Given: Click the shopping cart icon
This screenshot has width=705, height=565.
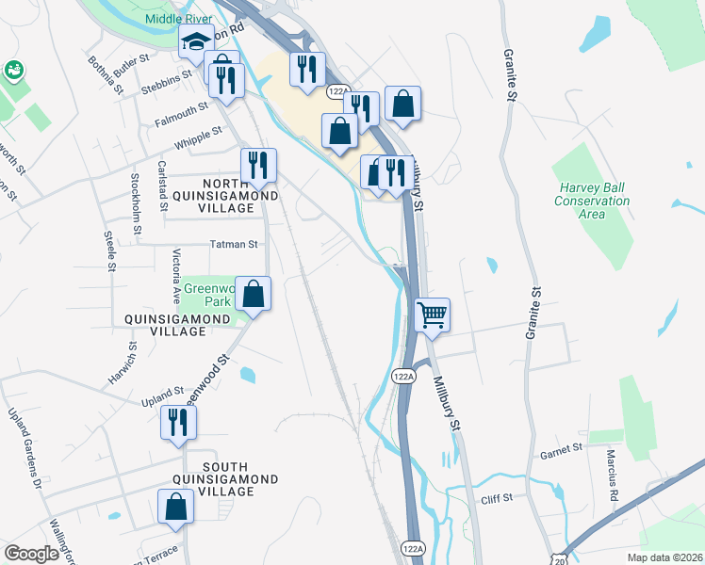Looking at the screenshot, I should coord(432,315).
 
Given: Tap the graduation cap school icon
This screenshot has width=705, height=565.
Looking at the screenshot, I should coord(197,43).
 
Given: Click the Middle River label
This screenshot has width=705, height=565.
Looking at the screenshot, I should coord(177,19).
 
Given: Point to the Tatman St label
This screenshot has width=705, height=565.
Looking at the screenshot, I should coord(233,245).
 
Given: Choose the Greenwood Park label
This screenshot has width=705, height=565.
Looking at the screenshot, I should coord(205,296).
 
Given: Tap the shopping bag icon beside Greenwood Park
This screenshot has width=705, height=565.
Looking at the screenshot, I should coord(254,294).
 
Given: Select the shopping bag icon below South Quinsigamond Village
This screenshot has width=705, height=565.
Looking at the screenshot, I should coord(175,508).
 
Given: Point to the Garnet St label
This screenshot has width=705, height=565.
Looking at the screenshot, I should coord(562,453).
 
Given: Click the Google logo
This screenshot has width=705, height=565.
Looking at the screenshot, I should coord(31,554).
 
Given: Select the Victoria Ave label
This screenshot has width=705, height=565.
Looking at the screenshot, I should coord(175,266).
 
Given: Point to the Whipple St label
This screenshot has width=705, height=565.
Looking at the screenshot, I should coord(197,138).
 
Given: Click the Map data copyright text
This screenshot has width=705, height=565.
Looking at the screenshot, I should coord(666,557).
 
